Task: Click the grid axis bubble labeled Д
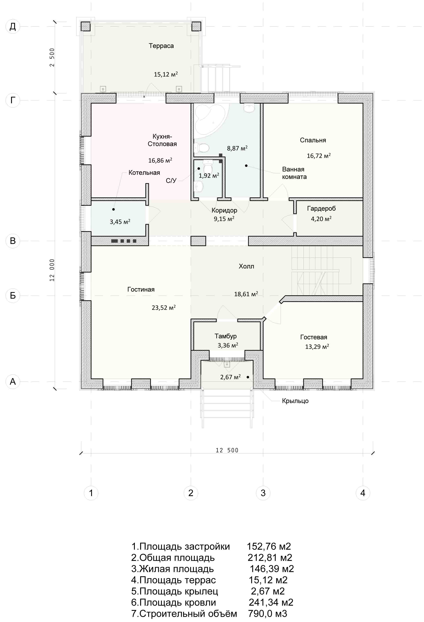coord(13,27)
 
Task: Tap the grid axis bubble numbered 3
coord(263,493)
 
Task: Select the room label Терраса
coord(161,46)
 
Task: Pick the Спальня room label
coord(313,140)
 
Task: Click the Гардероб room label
coord(321,208)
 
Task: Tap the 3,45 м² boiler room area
coord(120,222)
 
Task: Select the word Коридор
coord(224,210)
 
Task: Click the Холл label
coord(246,266)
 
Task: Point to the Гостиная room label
coord(141,289)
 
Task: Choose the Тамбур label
coord(225,336)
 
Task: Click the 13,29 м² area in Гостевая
coord(317,347)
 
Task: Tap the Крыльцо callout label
coord(295,401)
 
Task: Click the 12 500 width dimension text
coord(227,450)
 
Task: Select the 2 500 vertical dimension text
coord(52,57)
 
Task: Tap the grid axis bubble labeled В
coord(13,241)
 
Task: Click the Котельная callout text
coord(144,173)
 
